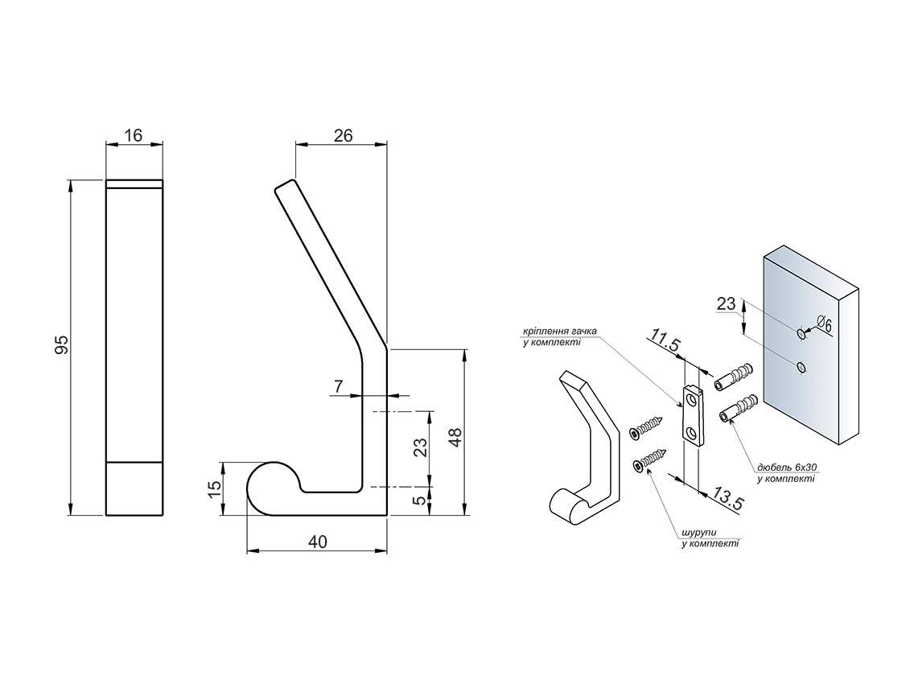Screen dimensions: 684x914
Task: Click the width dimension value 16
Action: pos(134,135)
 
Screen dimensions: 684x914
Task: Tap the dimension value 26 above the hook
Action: pos(343,135)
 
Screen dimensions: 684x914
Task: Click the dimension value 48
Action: pos(455,437)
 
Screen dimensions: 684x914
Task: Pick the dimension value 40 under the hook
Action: pos(317,542)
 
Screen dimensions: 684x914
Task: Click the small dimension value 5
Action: pos(420,501)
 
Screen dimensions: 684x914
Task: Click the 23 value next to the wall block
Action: pos(726,304)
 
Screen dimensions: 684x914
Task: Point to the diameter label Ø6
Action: pos(823,323)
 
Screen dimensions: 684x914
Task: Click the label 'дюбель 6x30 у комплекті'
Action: pos(784,473)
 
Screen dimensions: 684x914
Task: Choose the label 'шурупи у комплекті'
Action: pos(710,538)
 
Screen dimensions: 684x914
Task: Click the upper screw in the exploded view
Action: pos(647,427)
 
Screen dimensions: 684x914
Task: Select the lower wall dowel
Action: pos(738,407)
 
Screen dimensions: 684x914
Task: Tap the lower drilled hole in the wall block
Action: pos(801,367)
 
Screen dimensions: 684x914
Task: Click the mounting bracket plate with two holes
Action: pos(692,414)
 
